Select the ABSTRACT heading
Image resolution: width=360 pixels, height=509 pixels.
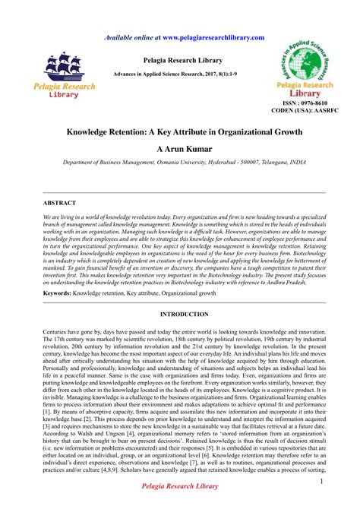[x=59, y=204]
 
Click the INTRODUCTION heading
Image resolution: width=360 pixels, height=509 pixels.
[x=179, y=313]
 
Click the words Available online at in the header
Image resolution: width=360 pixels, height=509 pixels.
[x=131, y=36]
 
